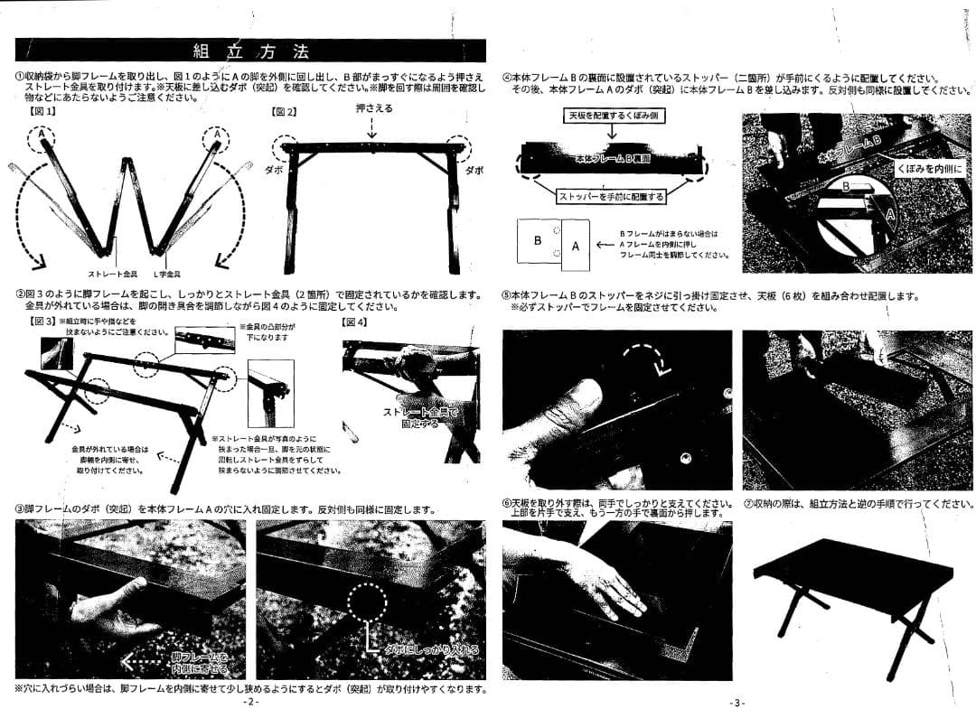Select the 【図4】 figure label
pos(354,322)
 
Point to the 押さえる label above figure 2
pos(372,108)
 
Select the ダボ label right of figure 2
pos(474,169)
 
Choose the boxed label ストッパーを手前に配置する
pos(611,196)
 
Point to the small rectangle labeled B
pos(538,241)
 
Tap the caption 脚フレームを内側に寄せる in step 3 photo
pos(198,663)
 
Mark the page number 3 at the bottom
pos(737,703)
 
